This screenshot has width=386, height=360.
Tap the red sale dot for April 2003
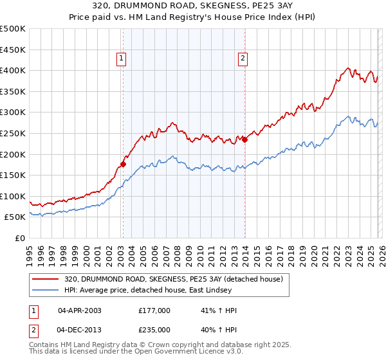(123, 164)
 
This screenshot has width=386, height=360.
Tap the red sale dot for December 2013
(245, 139)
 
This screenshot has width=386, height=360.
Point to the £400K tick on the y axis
(14, 70)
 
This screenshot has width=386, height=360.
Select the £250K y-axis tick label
(14, 133)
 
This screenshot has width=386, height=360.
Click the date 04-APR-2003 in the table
(80, 310)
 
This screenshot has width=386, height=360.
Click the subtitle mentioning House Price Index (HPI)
(192, 17)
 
